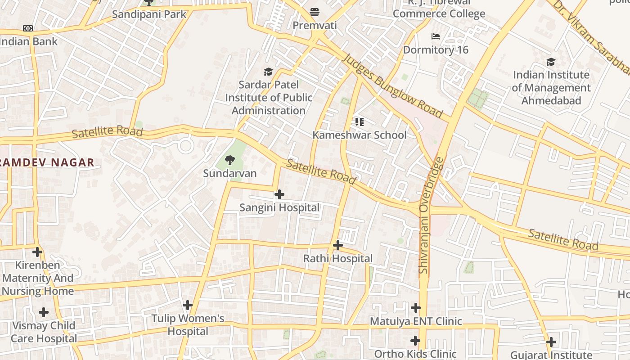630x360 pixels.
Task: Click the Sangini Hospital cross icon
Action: click(x=279, y=194)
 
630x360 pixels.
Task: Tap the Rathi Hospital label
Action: click(x=337, y=259)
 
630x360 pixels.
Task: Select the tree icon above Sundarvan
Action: click(x=230, y=160)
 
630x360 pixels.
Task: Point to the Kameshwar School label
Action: click(x=359, y=135)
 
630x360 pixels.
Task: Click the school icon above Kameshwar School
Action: click(x=359, y=121)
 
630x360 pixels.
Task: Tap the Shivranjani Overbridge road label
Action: click(x=431, y=215)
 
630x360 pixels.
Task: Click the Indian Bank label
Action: click(x=29, y=42)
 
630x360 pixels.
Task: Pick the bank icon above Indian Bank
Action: click(x=28, y=28)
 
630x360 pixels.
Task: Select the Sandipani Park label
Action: click(x=149, y=14)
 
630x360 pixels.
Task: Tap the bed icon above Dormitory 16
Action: click(x=436, y=36)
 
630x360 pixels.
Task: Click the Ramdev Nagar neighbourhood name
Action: click(x=47, y=162)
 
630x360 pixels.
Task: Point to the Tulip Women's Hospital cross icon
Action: click(x=188, y=305)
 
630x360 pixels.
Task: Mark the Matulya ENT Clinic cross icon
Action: click(x=415, y=308)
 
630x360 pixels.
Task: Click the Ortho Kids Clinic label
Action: click(x=415, y=354)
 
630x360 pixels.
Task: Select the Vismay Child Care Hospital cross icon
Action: click(x=44, y=312)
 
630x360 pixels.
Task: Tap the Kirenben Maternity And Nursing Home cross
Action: click(x=37, y=252)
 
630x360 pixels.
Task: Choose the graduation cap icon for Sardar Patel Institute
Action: click(x=269, y=72)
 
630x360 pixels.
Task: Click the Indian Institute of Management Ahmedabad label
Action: click(x=551, y=87)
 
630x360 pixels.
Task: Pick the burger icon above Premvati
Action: click(x=315, y=12)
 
